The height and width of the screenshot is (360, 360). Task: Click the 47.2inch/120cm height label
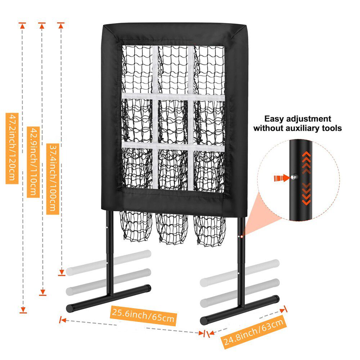pos(12,149)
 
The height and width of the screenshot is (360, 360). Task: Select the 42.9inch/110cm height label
pos(33,162)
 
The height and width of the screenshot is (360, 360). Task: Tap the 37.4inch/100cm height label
pos(53,179)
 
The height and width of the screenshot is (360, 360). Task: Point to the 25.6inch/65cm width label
pos(144,316)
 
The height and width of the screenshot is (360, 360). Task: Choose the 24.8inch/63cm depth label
pos(253,332)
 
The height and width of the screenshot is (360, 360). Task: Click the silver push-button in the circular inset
pos(293,177)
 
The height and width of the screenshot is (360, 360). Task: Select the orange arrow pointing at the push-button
pos(282,178)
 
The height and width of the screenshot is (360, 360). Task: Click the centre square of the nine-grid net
pos(173,122)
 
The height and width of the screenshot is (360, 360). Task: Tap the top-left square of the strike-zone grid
pos(137,69)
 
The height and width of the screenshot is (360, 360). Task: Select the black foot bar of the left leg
pos(108,298)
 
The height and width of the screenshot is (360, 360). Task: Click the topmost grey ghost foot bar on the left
pos(108,263)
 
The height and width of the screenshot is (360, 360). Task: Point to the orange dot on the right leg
pos(242,236)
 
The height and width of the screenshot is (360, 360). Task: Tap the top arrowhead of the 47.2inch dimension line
pos(22,26)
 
